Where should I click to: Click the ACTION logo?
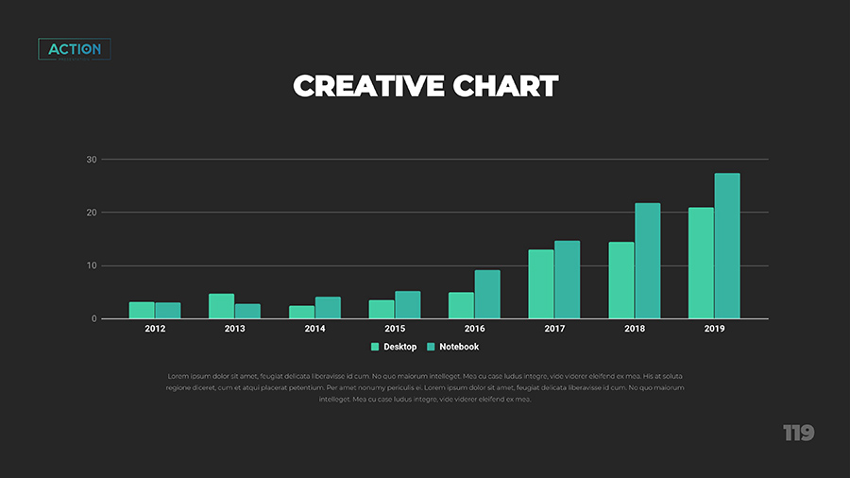click(x=75, y=49)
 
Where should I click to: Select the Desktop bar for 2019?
click(x=701, y=263)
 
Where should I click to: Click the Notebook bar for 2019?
click(x=727, y=246)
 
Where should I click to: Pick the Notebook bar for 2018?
click(x=647, y=261)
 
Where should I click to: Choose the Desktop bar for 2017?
click(x=541, y=283)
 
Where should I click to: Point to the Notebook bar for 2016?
click(x=487, y=294)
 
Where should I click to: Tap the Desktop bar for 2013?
click(x=221, y=306)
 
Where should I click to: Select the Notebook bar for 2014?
click(x=328, y=307)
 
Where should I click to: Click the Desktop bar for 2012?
click(x=142, y=310)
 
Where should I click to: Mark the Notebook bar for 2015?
click(x=408, y=304)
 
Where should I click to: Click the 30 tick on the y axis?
click(x=92, y=160)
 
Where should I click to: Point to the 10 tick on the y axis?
click(x=92, y=265)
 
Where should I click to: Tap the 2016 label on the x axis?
click(x=474, y=329)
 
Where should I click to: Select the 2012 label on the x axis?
click(x=155, y=329)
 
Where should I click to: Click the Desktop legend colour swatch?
click(x=375, y=347)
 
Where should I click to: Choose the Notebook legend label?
click(x=459, y=347)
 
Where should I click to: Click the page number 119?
click(x=798, y=434)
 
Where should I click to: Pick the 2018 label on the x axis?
click(x=635, y=329)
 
